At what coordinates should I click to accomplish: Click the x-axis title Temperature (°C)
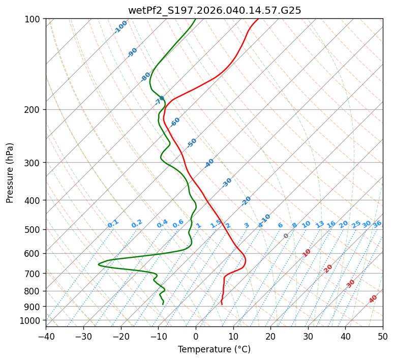pos(214,350)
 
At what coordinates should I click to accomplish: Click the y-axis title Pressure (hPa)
pos(10,172)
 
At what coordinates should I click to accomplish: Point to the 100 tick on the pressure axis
pos(34,19)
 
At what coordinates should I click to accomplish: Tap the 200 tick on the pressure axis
pos(34,109)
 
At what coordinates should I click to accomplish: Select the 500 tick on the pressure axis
pos(34,229)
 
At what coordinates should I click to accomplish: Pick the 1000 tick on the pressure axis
pos(32,320)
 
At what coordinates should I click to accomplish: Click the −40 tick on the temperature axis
pos(46,336)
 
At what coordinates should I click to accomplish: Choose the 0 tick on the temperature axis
pos(196,336)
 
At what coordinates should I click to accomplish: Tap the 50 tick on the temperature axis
pos(383,336)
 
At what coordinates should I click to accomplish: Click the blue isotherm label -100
pos(120,27)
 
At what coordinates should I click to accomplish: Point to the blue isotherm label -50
pos(191,143)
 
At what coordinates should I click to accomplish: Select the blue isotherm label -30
pos(227,183)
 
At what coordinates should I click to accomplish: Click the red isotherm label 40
pos(373,299)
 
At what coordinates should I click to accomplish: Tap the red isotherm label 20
pos(328,268)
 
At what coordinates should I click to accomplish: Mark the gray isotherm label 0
pos(286,236)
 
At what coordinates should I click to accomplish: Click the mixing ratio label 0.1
pos(113,223)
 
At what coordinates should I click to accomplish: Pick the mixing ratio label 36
pos(377,224)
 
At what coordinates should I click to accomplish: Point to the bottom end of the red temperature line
pos(222,305)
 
